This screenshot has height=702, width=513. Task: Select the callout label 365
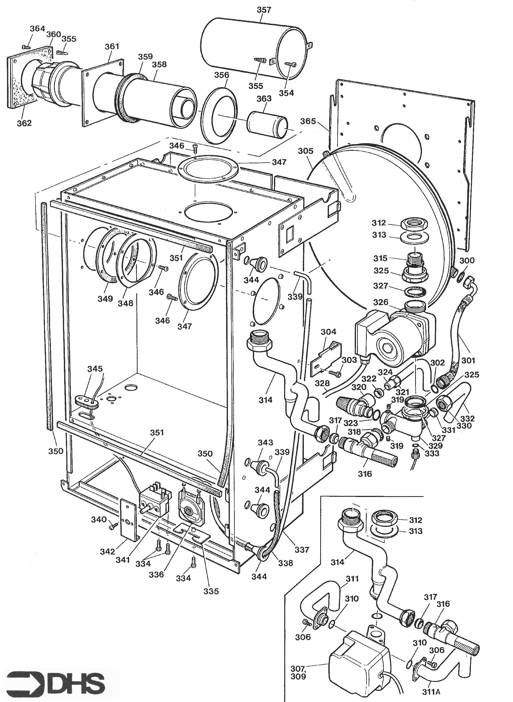[308, 121]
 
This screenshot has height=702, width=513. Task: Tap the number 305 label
[306, 151]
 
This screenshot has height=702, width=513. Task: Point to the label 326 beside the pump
[381, 302]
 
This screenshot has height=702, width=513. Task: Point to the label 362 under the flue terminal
[24, 123]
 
